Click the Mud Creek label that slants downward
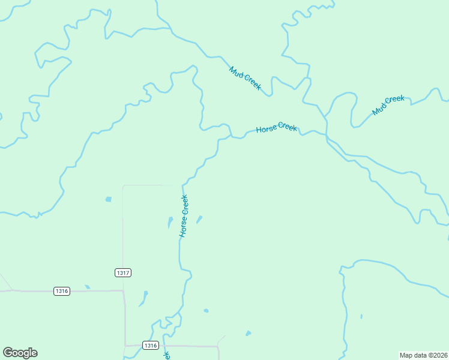[245, 78]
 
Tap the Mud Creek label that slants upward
[388, 105]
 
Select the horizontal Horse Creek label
[276, 128]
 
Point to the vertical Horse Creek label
[184, 215]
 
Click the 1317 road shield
[122, 272]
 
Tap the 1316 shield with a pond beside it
[62, 291]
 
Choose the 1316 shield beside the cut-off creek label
[151, 345]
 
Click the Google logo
[20, 353]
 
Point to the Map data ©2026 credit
[423, 355]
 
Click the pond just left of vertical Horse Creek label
[170, 223]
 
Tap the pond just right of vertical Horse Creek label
[199, 220]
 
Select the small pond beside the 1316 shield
[87, 287]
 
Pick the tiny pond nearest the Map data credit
[361, 316]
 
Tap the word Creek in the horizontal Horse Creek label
[288, 127]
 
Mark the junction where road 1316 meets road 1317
[124, 291]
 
